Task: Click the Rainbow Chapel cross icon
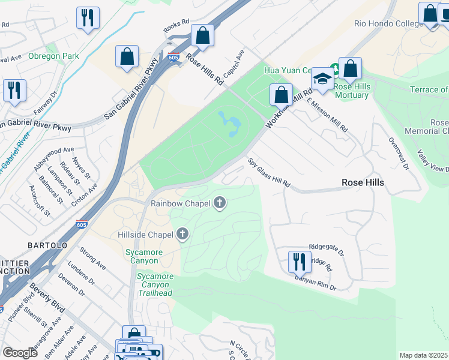[220, 203]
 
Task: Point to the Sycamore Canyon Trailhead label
[154, 284]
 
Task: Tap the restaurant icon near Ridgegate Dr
[297, 261]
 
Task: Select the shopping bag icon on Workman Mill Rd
[281, 94]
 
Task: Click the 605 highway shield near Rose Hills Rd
[173, 58]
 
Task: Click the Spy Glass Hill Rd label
[269, 173]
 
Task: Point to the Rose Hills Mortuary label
[352, 91]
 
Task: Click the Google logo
[20, 352]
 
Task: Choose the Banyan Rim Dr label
[315, 284]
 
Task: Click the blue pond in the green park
[231, 124]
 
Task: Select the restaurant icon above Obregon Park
[88, 18]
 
